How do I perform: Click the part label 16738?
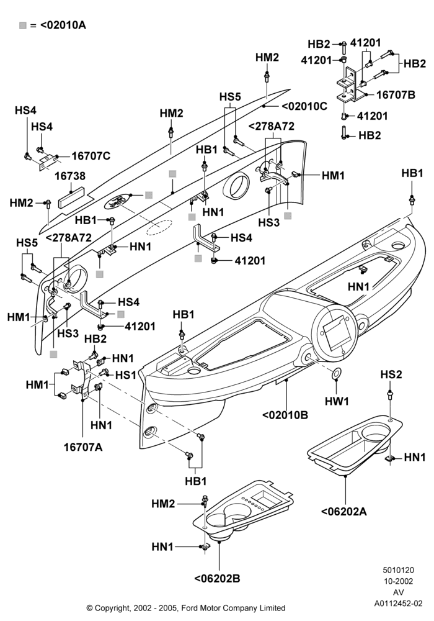tap(70, 176)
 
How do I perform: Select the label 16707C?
tap(91, 156)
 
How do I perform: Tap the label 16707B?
tap(396, 94)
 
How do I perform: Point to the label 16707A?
tap(83, 447)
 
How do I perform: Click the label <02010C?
tap(304, 106)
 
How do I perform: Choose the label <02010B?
tap(285, 415)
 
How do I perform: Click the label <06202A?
tap(344, 511)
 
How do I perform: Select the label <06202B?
tap(218, 578)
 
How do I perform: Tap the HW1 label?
tap(337, 401)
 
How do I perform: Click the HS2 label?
tap(391, 374)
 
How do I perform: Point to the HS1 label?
tap(126, 374)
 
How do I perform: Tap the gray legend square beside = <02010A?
tap(23, 25)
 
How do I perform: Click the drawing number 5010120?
tap(398, 570)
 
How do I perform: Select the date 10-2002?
tap(399, 581)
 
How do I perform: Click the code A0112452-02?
tap(399, 604)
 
